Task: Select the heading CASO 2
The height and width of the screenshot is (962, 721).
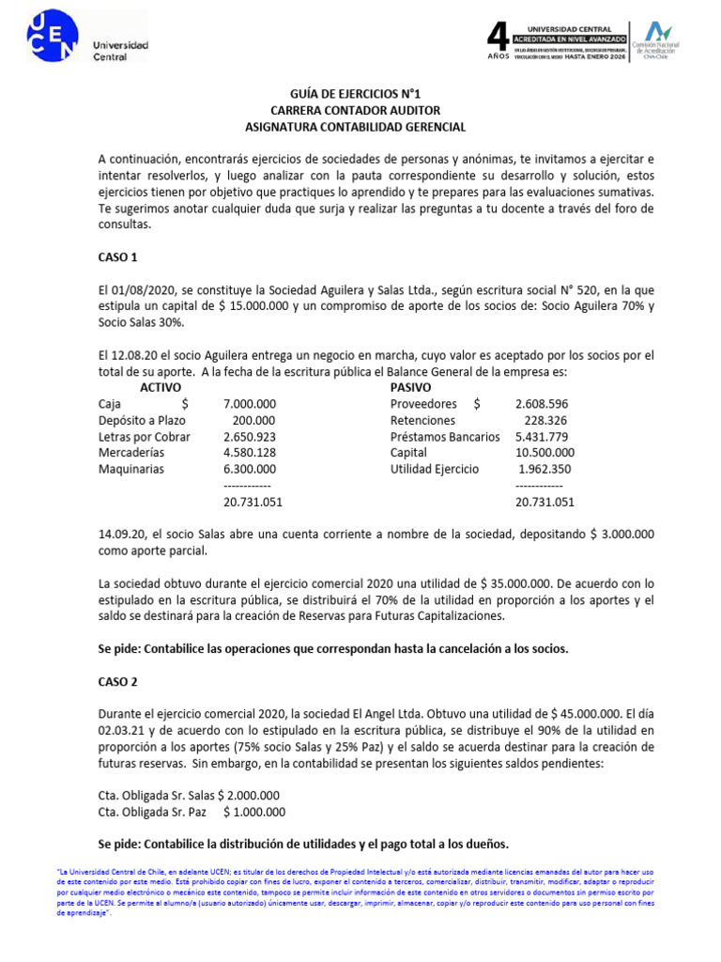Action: click(x=118, y=681)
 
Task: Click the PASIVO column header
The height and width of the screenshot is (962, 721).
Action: click(x=411, y=387)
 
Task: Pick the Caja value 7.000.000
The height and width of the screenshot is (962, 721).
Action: click(x=250, y=404)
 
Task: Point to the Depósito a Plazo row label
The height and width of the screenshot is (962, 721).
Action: click(x=146, y=420)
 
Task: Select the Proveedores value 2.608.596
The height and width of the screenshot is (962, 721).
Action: click(x=542, y=404)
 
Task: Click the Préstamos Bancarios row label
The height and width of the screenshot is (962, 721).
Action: click(x=445, y=437)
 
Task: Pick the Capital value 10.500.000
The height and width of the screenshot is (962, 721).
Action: click(x=545, y=453)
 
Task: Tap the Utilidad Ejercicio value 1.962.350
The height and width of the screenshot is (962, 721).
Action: click(x=545, y=469)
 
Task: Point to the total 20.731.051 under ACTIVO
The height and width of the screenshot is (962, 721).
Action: click(x=253, y=502)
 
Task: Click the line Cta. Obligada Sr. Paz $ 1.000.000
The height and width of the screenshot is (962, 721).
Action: click(x=192, y=813)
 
